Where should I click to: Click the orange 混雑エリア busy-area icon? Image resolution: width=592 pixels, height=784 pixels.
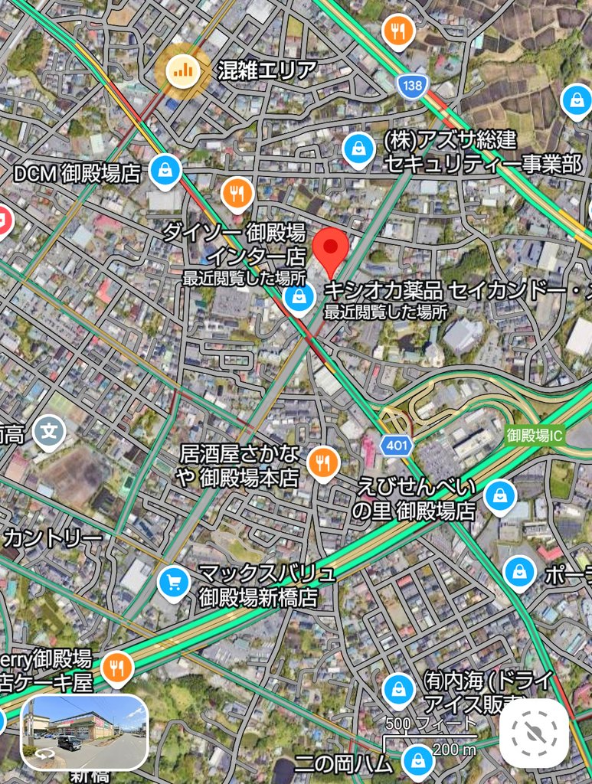[x=182, y=72]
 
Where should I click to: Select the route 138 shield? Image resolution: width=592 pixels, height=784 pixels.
[x=412, y=86]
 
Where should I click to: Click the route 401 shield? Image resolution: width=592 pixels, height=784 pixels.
[x=396, y=445]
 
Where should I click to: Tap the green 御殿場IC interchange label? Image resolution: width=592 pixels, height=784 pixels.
[x=535, y=434]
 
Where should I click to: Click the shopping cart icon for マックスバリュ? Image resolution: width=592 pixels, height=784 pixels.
[x=174, y=583]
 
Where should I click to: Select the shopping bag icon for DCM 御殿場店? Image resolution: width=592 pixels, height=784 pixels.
[x=165, y=171]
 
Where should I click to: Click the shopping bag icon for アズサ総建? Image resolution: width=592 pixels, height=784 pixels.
[x=358, y=148]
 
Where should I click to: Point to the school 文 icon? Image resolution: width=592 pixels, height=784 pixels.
[x=51, y=430]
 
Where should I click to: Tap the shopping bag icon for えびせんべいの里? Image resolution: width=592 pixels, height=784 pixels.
[x=500, y=495]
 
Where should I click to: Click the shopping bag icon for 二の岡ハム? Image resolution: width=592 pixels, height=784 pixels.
[x=418, y=760]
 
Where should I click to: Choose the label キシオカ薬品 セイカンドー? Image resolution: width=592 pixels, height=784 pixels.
[x=456, y=290]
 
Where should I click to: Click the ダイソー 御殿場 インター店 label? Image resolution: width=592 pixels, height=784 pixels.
[x=233, y=243]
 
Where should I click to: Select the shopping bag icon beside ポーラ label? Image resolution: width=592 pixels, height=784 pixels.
[x=520, y=571]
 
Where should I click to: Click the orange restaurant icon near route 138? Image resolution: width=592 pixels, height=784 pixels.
[x=397, y=31]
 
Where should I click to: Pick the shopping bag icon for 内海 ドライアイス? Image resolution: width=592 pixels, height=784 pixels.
[x=399, y=688]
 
